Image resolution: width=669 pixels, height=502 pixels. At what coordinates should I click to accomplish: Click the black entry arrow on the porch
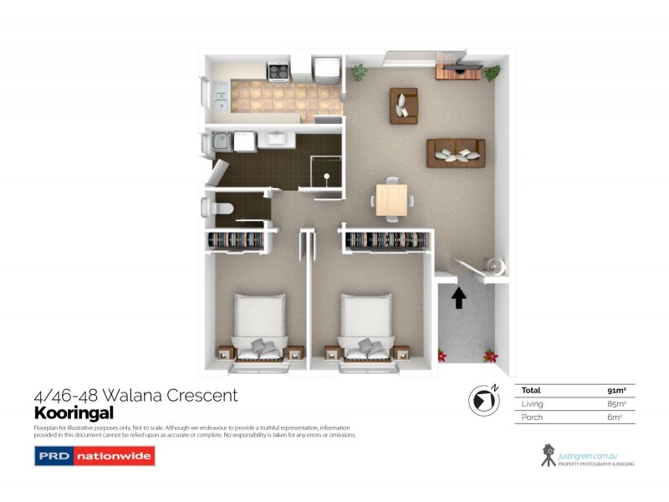point(458,298)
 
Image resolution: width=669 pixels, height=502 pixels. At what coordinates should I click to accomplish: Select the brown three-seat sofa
point(456,152)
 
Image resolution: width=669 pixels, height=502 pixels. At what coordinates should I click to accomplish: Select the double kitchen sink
point(220,95)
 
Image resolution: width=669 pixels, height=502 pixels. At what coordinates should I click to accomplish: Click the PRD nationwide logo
point(94,457)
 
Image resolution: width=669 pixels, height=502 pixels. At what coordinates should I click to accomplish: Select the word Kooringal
point(73,413)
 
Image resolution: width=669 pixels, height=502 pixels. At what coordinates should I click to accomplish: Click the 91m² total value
point(618,390)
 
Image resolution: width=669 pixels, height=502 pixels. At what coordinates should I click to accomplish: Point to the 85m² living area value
point(618,404)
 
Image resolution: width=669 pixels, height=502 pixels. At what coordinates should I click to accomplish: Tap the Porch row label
point(532,417)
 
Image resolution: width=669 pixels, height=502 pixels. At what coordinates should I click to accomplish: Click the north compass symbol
point(483,402)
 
